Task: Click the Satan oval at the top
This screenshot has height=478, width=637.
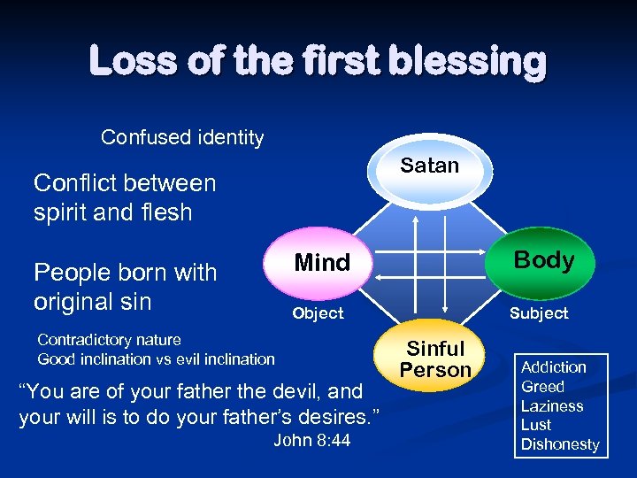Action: pos(430,167)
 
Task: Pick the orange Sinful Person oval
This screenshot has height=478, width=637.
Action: pos(434,359)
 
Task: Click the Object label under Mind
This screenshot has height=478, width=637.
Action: pos(318,313)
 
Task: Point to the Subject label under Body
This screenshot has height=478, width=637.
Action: pos(538,313)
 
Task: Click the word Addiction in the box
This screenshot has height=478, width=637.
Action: pos(553,367)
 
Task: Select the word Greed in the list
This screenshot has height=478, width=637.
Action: pos(542,387)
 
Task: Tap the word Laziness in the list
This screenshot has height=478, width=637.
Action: pos(552,406)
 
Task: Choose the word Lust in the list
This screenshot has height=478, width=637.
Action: pos(536,425)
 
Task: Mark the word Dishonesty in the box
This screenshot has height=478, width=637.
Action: pos(560,444)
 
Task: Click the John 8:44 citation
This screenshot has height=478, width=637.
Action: pos(311,440)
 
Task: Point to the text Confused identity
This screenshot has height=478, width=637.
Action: pos(182,137)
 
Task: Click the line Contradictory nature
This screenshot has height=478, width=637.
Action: pos(109,340)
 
